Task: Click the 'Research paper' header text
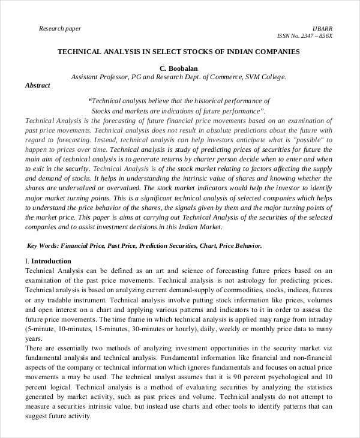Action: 59,28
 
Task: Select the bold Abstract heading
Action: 37,86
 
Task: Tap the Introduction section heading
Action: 50,261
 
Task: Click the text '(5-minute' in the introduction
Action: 41,329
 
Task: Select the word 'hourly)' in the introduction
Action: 189,329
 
